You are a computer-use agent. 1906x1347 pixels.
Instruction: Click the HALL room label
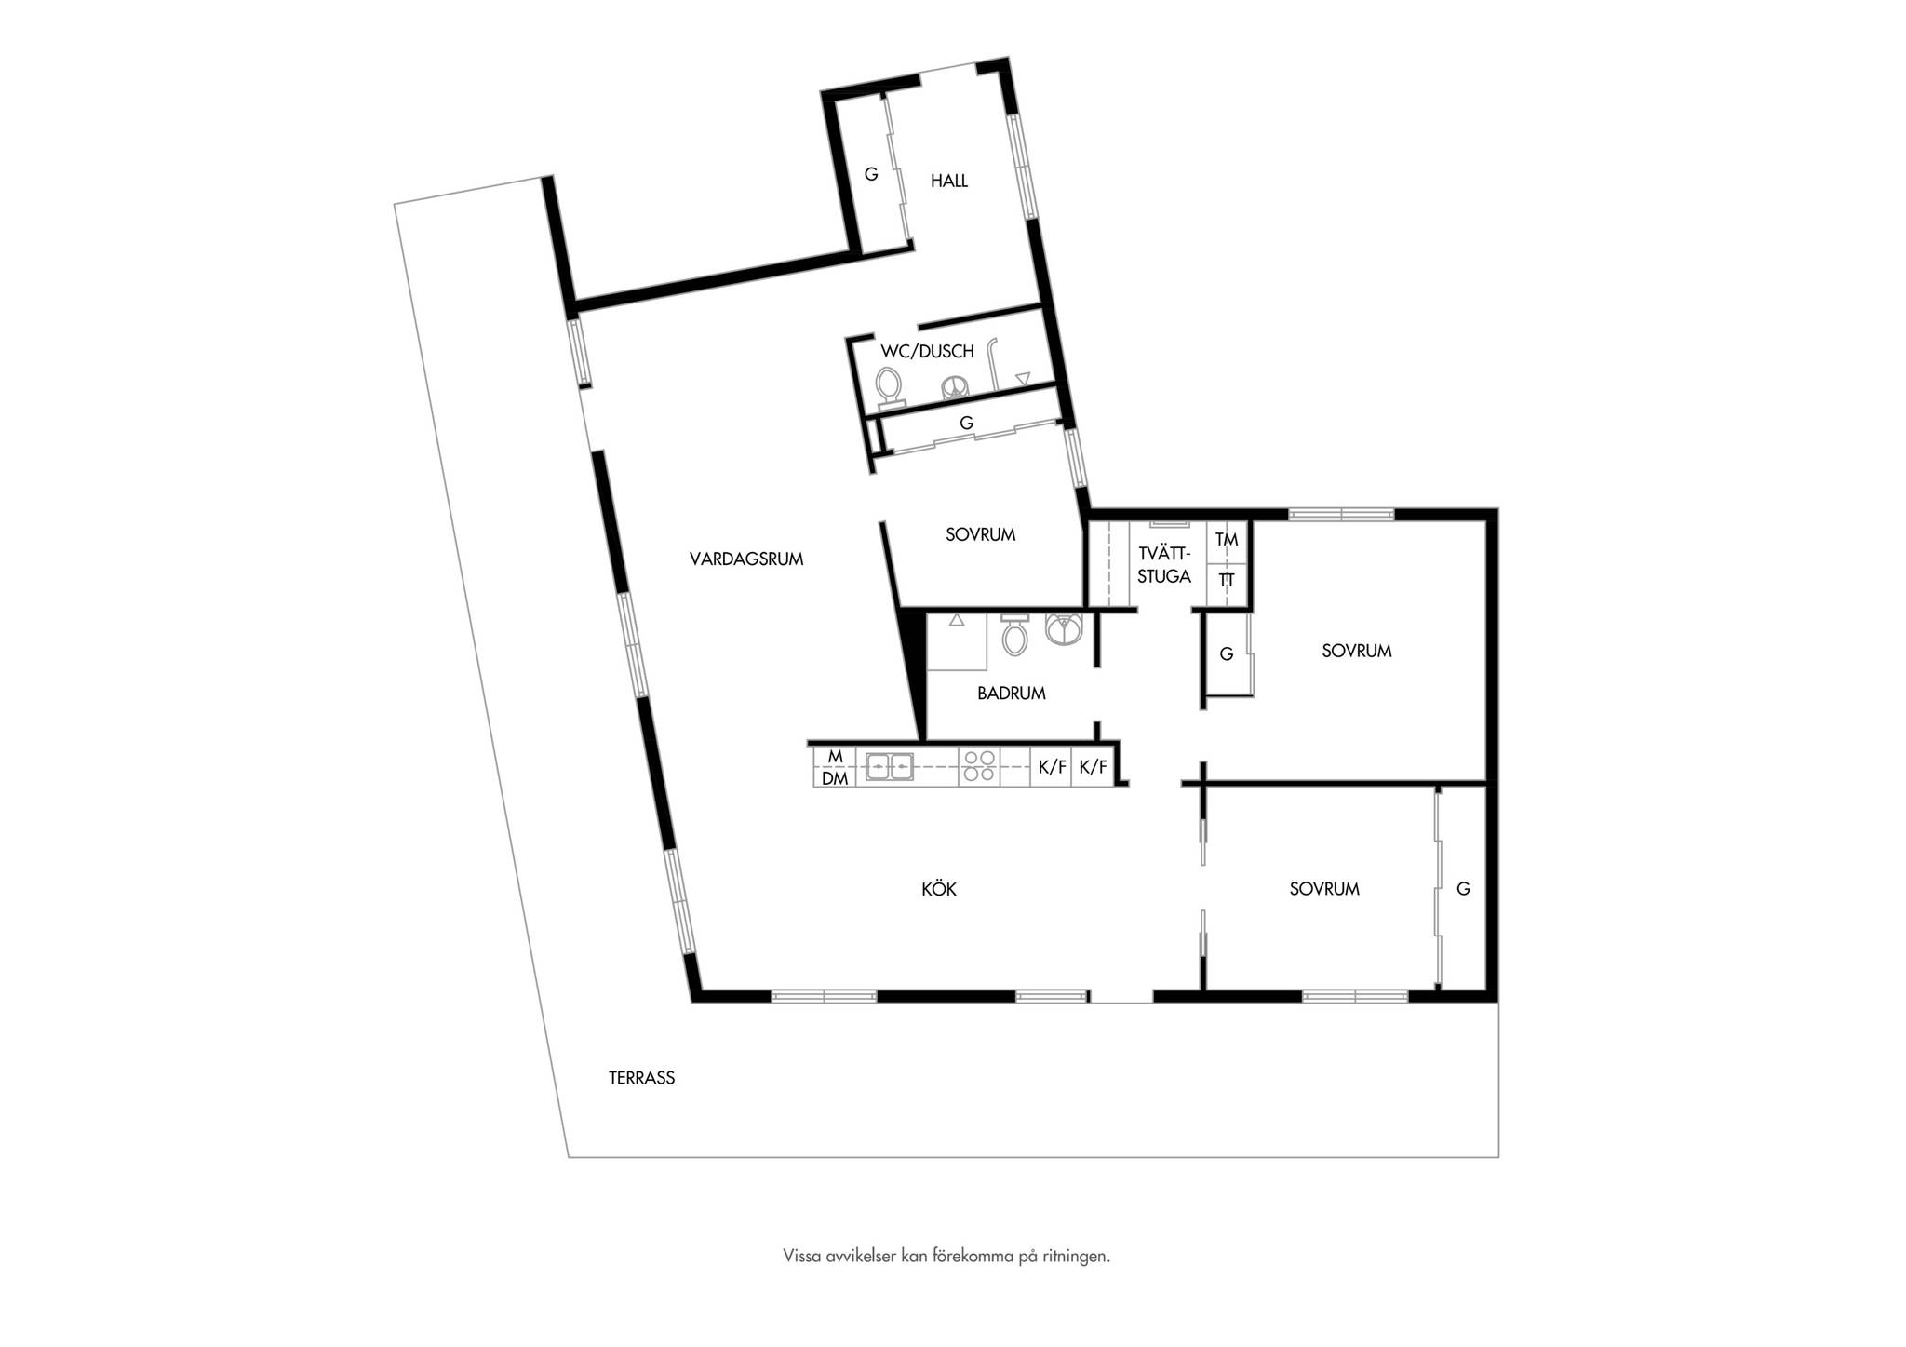pyautogui.click(x=949, y=181)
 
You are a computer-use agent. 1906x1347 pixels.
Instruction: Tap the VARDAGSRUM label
pyautogui.click(x=746, y=559)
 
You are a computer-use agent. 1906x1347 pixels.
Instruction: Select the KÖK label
pyautogui.click(x=939, y=889)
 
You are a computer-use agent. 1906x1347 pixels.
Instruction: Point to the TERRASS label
pyautogui.click(x=642, y=1078)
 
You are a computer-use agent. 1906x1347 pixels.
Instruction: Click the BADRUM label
pyautogui.click(x=1012, y=693)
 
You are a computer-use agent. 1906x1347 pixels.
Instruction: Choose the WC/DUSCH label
pyautogui.click(x=928, y=351)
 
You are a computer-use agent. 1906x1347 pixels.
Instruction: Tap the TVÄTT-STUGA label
pyautogui.click(x=1164, y=565)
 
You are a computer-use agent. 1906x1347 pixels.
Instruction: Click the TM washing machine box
pyautogui.click(x=1227, y=541)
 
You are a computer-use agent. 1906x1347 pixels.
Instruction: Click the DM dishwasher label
pyautogui.click(x=835, y=778)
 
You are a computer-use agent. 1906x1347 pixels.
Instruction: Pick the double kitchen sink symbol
pyautogui.click(x=890, y=766)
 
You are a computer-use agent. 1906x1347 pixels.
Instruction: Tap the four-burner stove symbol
pyautogui.click(x=979, y=766)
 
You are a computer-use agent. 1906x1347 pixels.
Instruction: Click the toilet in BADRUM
pyautogui.click(x=1014, y=635)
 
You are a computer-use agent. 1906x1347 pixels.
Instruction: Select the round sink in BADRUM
pyautogui.click(x=1064, y=629)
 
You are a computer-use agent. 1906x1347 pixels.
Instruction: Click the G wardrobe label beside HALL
pyautogui.click(x=871, y=174)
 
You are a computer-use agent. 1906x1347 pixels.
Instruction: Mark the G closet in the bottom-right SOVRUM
pyautogui.click(x=1463, y=889)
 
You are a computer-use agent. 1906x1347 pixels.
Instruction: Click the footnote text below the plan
pyautogui.click(x=946, y=1256)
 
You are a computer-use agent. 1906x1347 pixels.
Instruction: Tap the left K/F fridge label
pyautogui.click(x=1052, y=767)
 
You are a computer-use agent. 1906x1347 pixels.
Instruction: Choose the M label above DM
pyautogui.click(x=835, y=757)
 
